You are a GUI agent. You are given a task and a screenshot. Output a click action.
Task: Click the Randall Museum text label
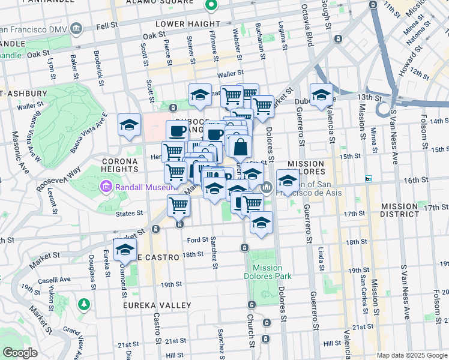pos(140,187)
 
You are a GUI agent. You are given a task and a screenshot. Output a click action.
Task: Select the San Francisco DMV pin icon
pos(76,28)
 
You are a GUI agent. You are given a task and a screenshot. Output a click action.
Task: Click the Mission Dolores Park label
pos(272,272)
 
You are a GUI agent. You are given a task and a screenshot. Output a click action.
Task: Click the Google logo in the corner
pos(20,353)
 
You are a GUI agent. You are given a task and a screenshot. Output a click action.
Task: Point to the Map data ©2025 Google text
pos(411,355)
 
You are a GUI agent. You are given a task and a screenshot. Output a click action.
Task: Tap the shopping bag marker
pos(240,146)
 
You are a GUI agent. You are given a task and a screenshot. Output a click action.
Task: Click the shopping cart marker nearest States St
pos(179,206)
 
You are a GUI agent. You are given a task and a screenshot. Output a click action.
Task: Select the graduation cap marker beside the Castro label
pos(125,250)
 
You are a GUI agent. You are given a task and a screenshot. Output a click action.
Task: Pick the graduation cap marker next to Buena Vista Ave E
pos(129,125)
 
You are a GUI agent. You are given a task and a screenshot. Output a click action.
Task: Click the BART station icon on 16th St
pos(369,179)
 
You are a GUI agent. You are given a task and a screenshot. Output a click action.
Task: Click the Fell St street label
pos(105,26)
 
